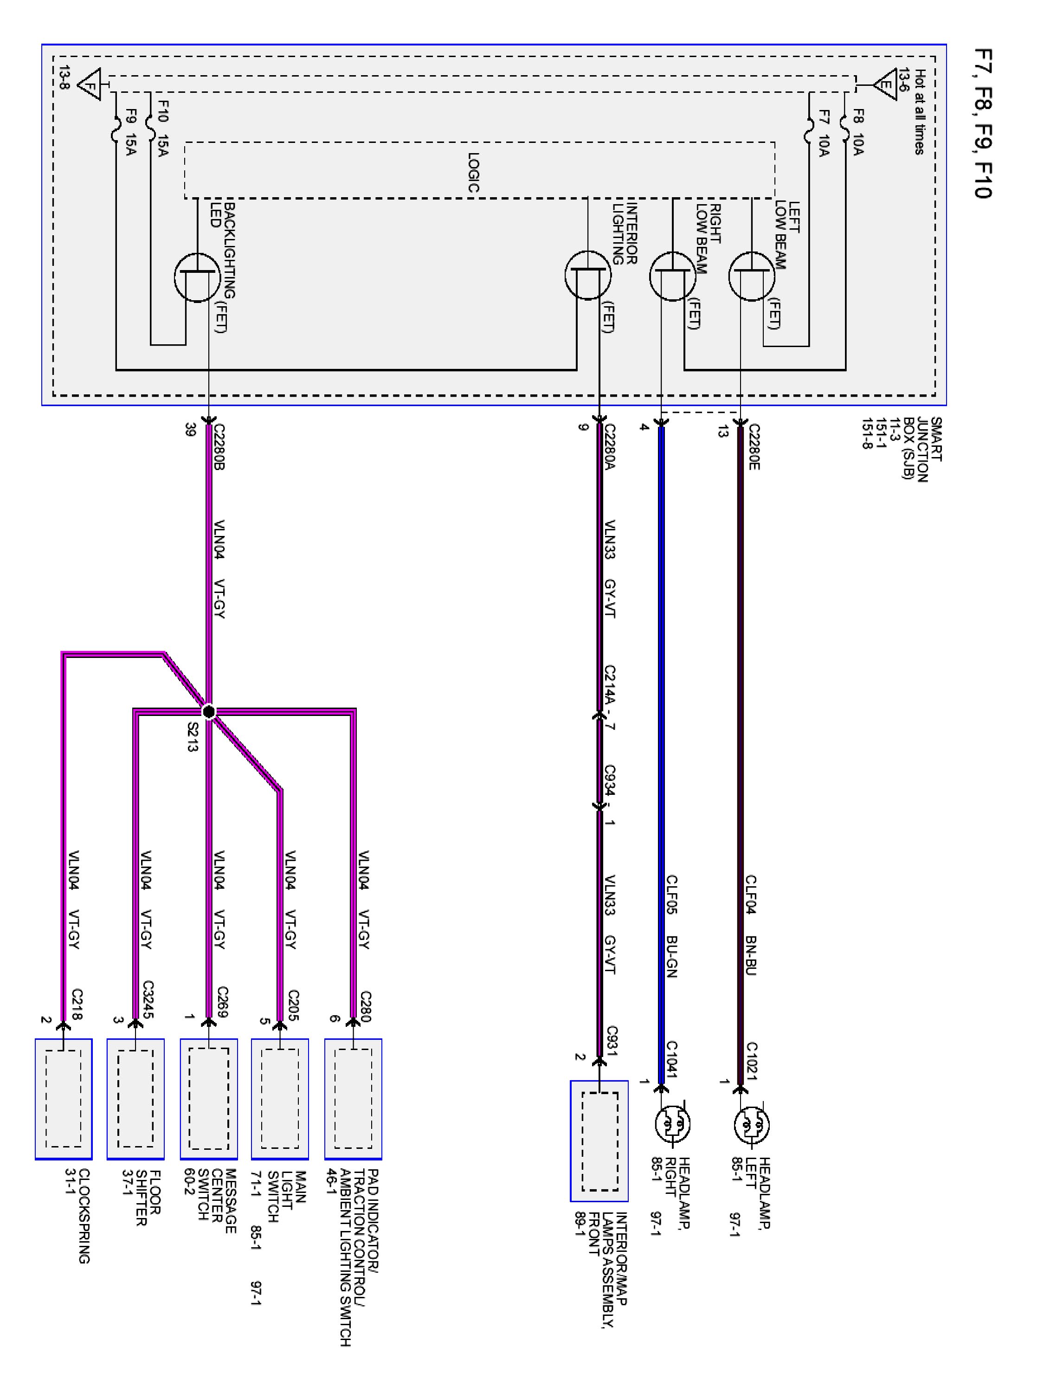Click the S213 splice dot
[208, 712]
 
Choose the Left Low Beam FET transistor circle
[752, 276]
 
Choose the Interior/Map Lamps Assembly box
[599, 1141]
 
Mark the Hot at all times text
[919, 111]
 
